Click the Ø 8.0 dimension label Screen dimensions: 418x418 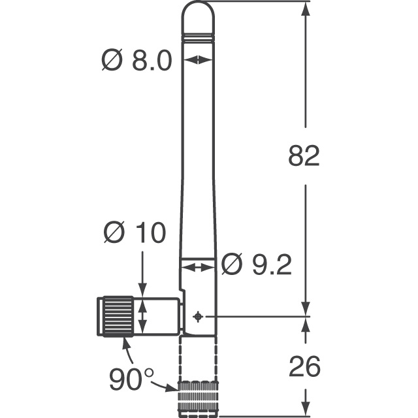tap(137, 61)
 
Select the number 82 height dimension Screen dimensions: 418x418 tap(304, 156)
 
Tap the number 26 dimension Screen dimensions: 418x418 tap(304, 367)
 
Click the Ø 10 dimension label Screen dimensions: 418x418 tap(135, 233)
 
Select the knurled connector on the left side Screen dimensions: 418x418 tap(116, 315)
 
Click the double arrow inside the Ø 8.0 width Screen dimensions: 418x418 tap(199, 60)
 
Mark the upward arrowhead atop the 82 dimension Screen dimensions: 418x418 tap(304, 8)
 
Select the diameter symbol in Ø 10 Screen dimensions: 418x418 tap(114, 233)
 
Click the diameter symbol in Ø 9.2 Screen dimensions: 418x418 tap(232, 265)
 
